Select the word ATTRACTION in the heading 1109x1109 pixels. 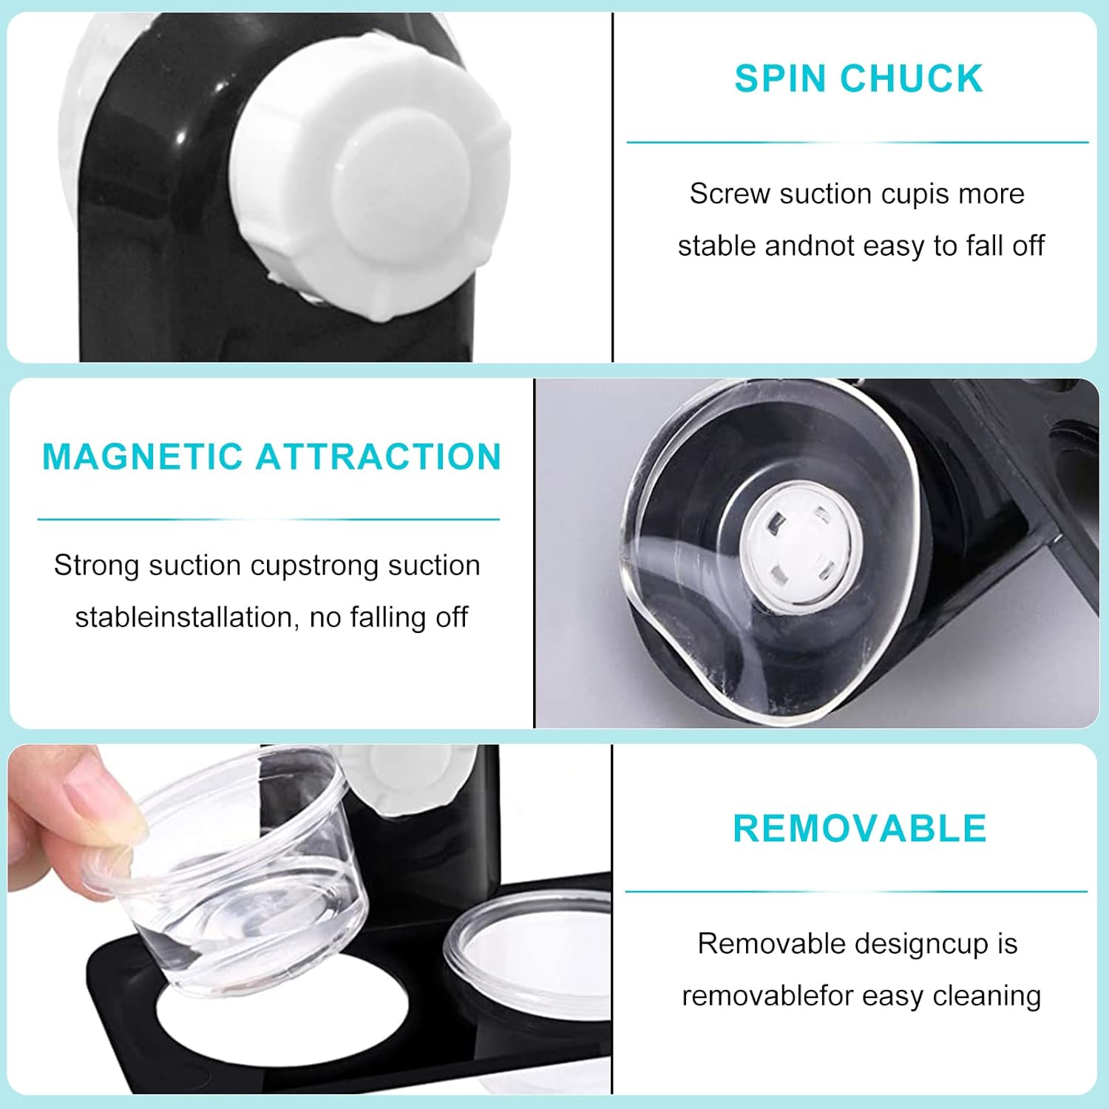(x=379, y=456)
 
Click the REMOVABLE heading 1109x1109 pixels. (x=860, y=828)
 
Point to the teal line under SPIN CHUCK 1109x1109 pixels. (x=858, y=142)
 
